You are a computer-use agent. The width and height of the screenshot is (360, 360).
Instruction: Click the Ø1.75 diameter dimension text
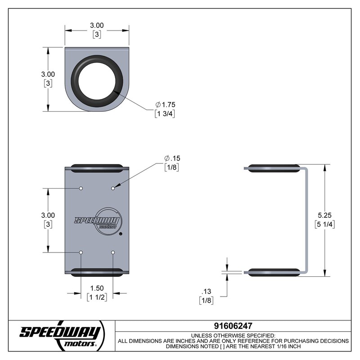[165, 105]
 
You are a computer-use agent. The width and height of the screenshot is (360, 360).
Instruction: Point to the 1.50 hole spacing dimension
[97, 288]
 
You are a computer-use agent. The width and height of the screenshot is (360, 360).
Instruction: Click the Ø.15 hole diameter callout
[172, 158]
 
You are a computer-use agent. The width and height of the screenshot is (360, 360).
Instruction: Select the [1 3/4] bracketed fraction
[165, 114]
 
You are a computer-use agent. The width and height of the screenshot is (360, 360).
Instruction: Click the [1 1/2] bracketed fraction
[97, 297]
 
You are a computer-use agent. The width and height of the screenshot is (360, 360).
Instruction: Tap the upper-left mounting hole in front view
[81, 188]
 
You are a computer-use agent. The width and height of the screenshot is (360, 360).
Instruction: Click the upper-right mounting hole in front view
[113, 188]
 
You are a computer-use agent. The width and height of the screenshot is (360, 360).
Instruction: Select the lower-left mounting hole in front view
[81, 252]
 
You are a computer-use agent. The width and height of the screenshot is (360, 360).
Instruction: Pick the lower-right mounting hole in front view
[113, 252]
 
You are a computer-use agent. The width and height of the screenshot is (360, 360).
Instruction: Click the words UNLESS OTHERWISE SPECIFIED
[233, 336]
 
